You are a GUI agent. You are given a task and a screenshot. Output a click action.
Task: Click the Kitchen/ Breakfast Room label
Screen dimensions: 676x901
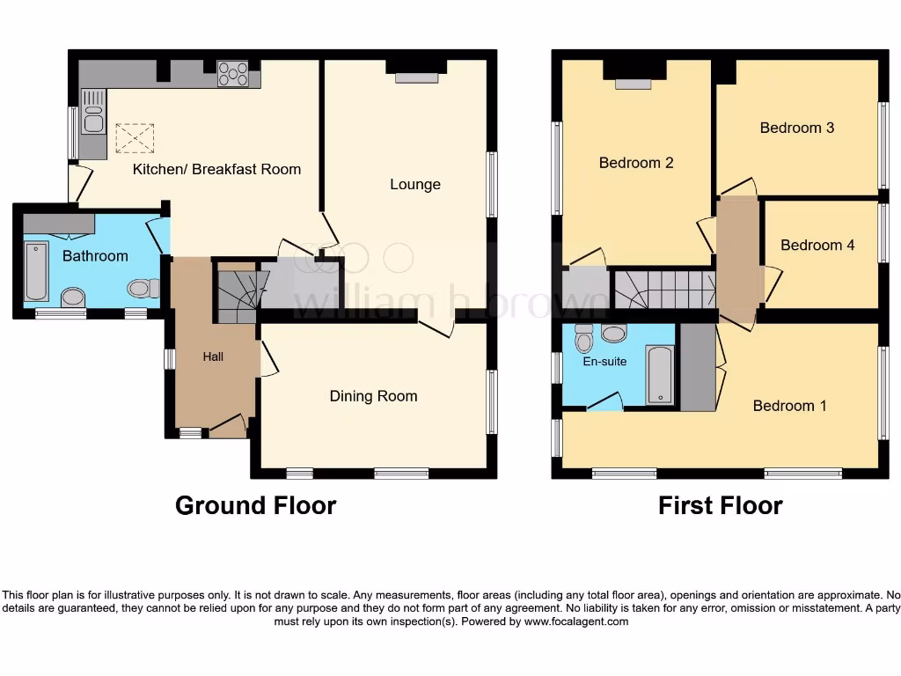(x=216, y=169)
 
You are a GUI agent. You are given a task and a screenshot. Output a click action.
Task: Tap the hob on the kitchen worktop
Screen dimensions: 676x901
(x=232, y=73)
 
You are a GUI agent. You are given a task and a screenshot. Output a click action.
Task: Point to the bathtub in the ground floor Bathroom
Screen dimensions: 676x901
(x=36, y=271)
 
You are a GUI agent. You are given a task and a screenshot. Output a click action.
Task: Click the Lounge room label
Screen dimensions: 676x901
(x=415, y=185)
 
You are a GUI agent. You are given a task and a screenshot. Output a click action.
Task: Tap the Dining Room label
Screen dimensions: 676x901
(x=373, y=396)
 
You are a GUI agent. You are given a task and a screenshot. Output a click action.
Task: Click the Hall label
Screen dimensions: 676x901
(x=213, y=356)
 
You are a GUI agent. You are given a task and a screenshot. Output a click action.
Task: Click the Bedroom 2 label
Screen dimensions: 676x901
(x=636, y=163)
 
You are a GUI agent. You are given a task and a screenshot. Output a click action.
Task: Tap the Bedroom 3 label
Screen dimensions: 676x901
(x=797, y=128)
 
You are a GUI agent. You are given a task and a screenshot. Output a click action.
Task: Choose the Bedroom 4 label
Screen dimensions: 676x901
(x=817, y=245)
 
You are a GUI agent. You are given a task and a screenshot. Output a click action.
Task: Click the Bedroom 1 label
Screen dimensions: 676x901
(x=789, y=406)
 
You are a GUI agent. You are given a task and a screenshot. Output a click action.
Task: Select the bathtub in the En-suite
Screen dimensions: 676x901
(x=658, y=373)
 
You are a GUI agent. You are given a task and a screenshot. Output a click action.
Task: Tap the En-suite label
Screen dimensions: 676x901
(x=604, y=361)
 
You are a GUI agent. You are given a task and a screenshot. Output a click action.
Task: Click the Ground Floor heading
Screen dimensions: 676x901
(x=255, y=506)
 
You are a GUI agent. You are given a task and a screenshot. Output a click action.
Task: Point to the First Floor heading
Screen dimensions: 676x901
(x=720, y=506)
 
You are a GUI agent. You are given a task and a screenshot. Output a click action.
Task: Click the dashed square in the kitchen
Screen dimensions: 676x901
(x=135, y=138)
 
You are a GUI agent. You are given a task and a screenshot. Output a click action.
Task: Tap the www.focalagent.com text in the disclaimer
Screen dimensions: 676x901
(x=575, y=621)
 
